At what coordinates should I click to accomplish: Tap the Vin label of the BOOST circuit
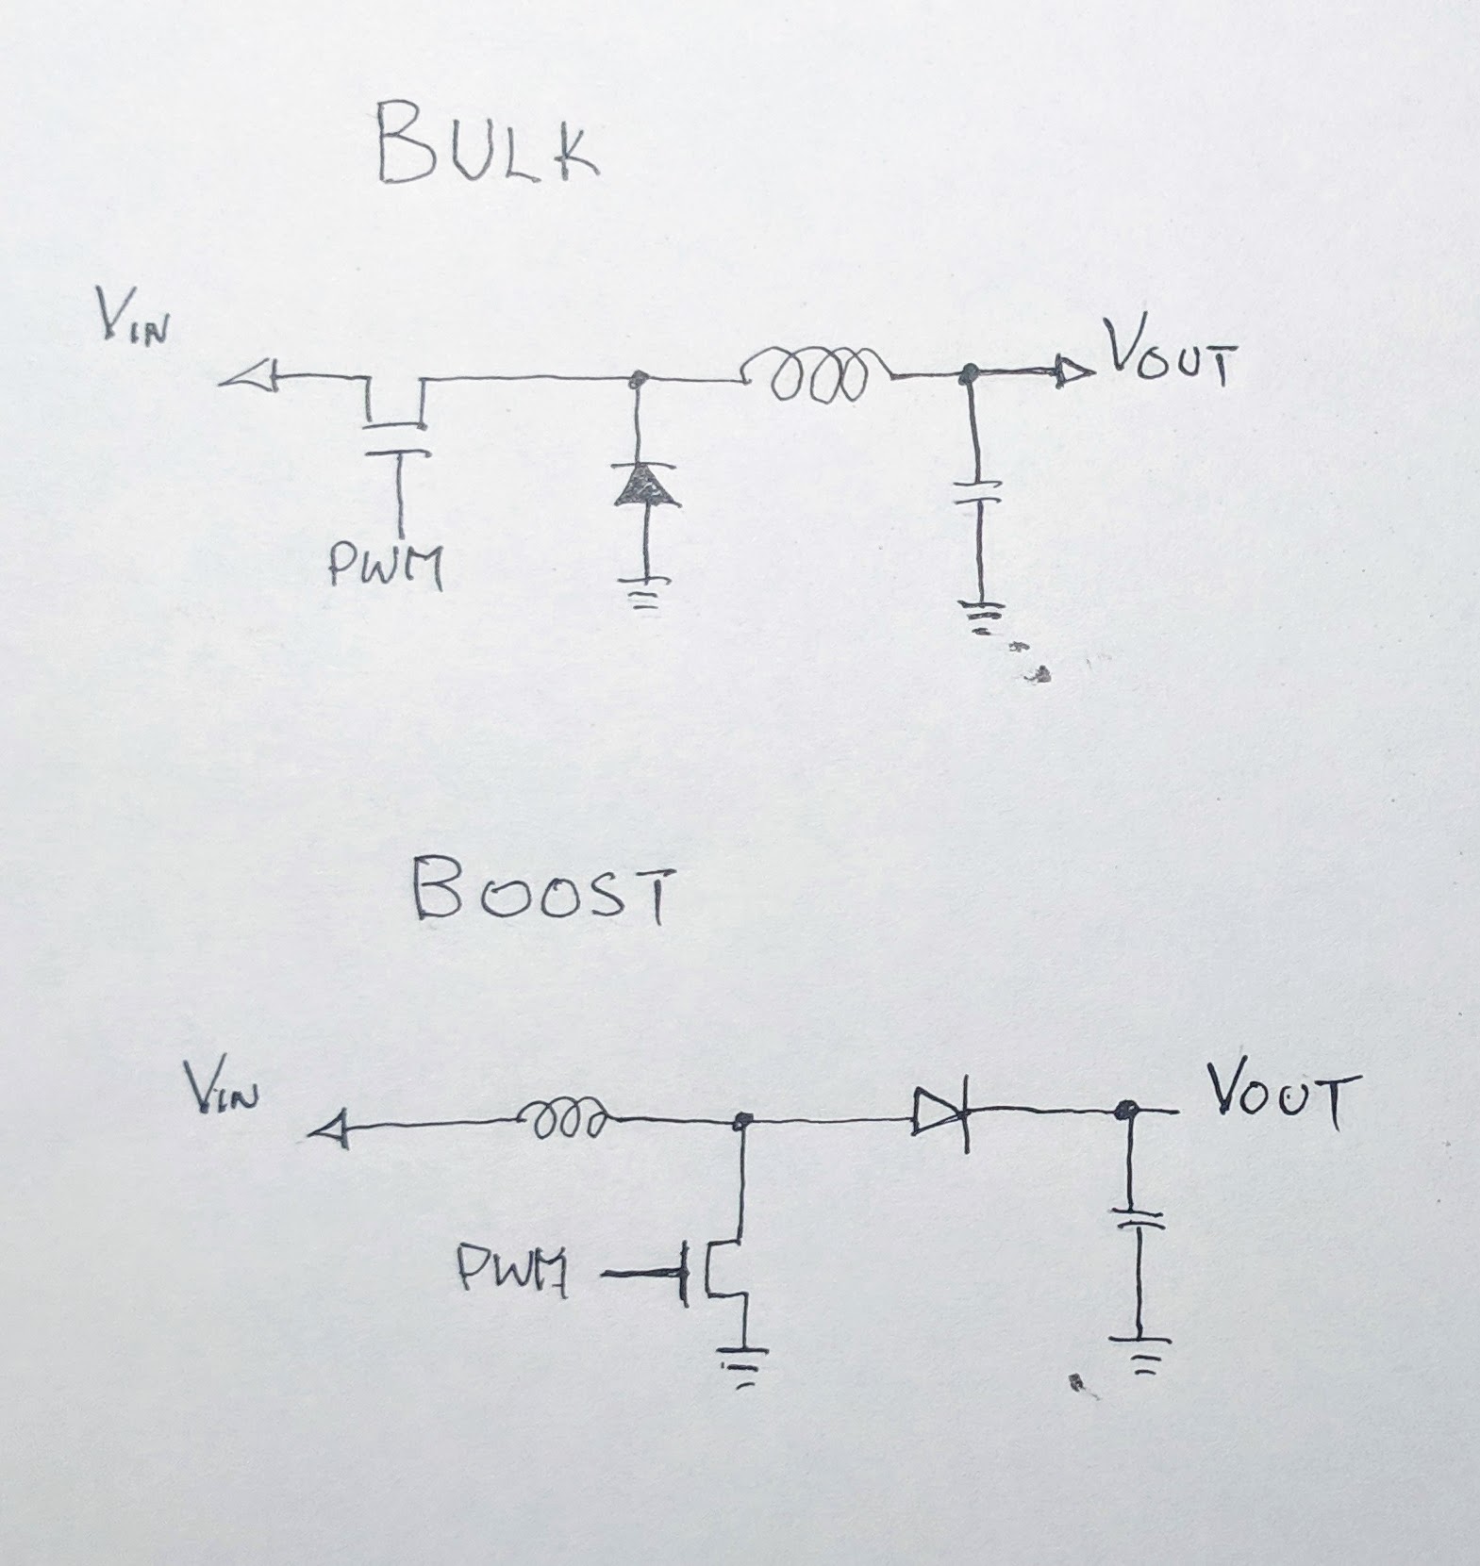click(x=223, y=1093)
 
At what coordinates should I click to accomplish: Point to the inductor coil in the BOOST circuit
click(x=566, y=1120)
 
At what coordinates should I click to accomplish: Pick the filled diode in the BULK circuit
click(x=646, y=485)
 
